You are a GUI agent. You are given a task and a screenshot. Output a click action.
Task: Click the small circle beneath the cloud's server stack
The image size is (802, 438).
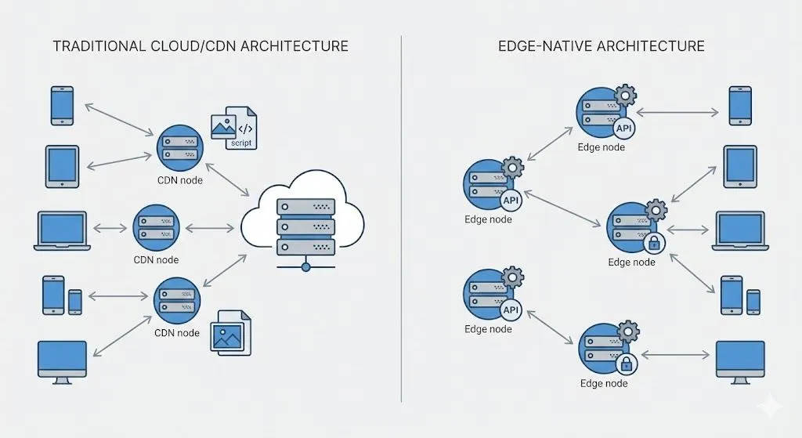305,266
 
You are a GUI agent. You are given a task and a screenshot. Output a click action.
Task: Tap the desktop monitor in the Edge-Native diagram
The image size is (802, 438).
740,361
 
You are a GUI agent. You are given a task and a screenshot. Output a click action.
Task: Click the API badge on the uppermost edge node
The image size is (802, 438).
624,129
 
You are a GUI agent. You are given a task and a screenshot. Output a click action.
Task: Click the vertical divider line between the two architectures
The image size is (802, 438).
401,219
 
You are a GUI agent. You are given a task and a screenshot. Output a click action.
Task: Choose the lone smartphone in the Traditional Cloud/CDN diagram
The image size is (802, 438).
62,105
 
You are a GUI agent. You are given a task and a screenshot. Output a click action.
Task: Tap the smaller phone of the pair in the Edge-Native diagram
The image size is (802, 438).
753,302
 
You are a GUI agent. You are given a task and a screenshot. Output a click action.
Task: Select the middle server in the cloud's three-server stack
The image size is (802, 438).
305,226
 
